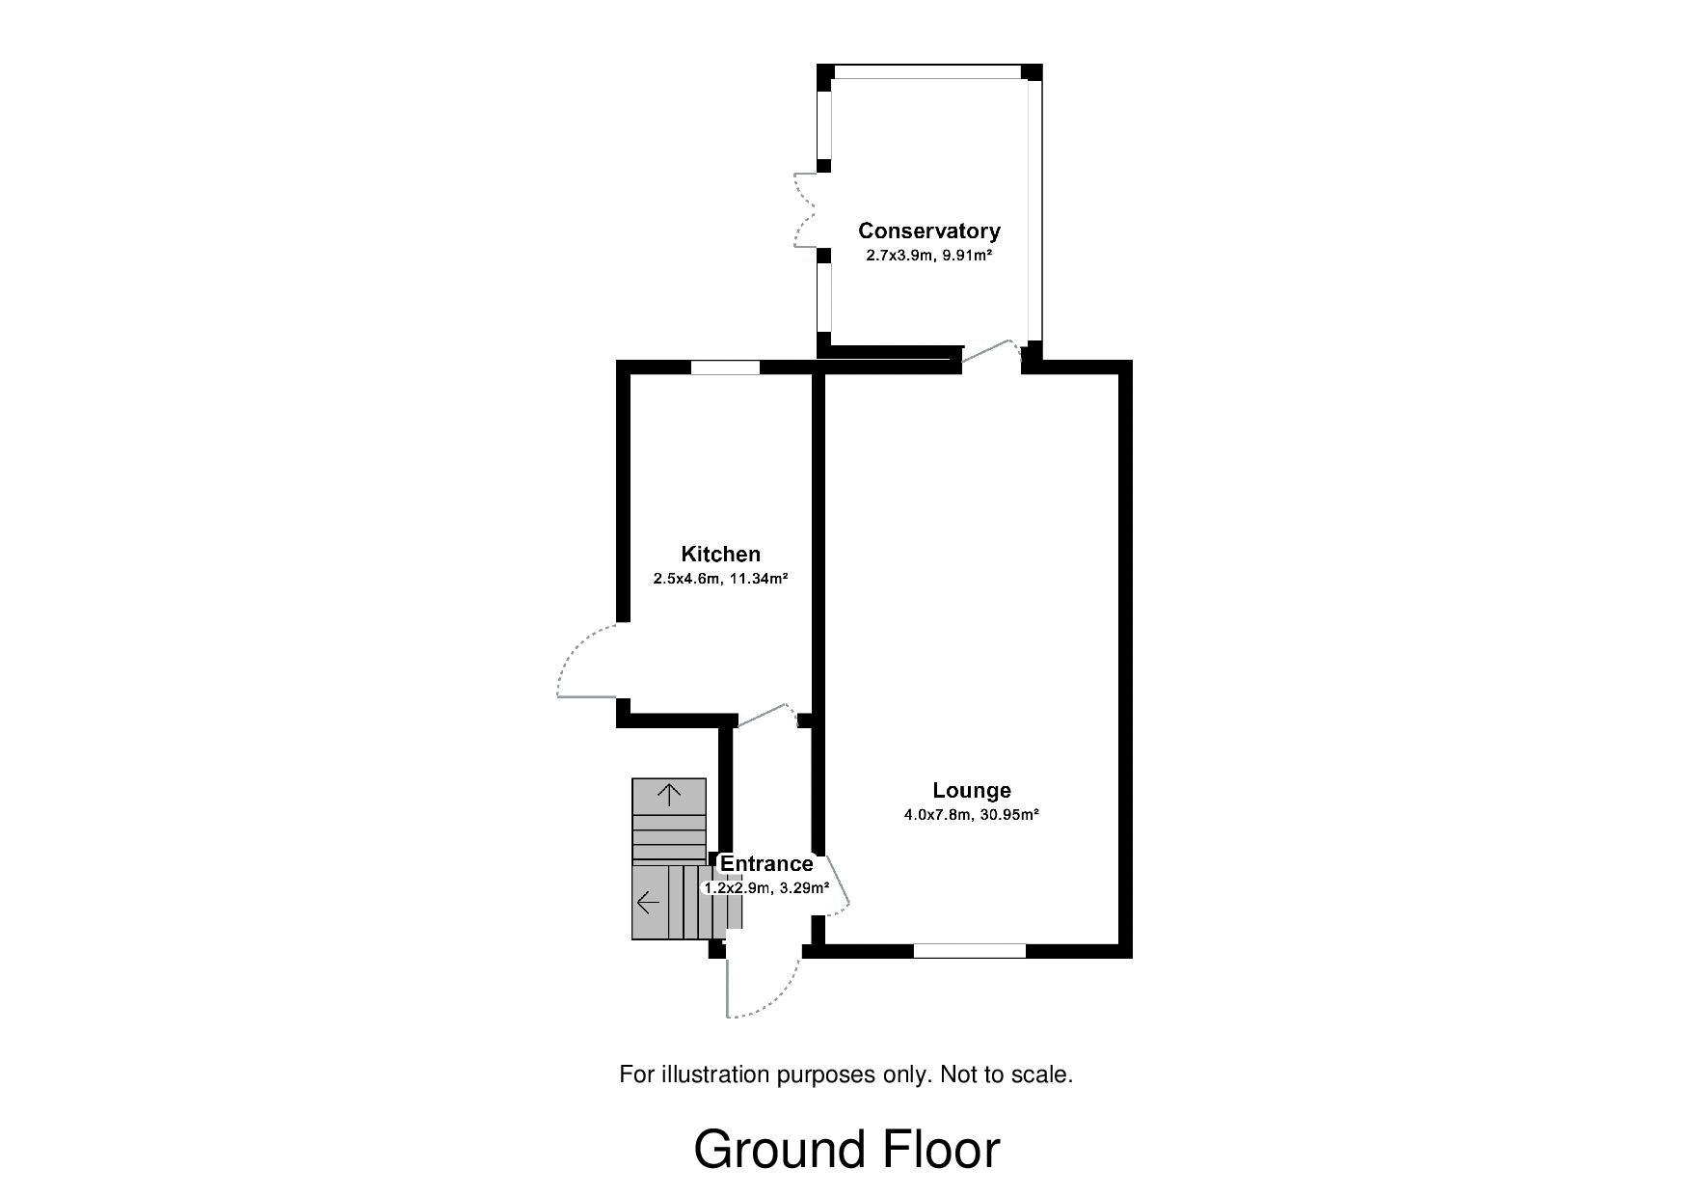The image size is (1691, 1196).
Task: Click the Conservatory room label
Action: click(928, 231)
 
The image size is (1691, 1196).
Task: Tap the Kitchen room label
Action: click(720, 554)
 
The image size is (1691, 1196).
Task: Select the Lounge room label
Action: click(971, 790)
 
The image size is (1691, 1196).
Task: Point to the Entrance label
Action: click(766, 863)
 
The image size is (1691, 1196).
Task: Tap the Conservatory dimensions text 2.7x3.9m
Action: click(899, 256)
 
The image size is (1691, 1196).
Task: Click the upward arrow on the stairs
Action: click(669, 794)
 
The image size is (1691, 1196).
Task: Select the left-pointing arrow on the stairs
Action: click(648, 903)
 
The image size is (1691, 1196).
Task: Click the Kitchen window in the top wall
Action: click(725, 367)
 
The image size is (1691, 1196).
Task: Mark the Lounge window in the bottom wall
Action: click(969, 951)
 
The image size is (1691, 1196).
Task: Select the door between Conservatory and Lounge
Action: click(990, 354)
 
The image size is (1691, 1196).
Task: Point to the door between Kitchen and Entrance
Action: click(766, 716)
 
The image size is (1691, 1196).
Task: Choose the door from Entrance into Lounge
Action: click(835, 885)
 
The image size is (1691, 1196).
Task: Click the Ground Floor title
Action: click(845, 1150)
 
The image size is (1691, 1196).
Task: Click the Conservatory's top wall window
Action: click(927, 71)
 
